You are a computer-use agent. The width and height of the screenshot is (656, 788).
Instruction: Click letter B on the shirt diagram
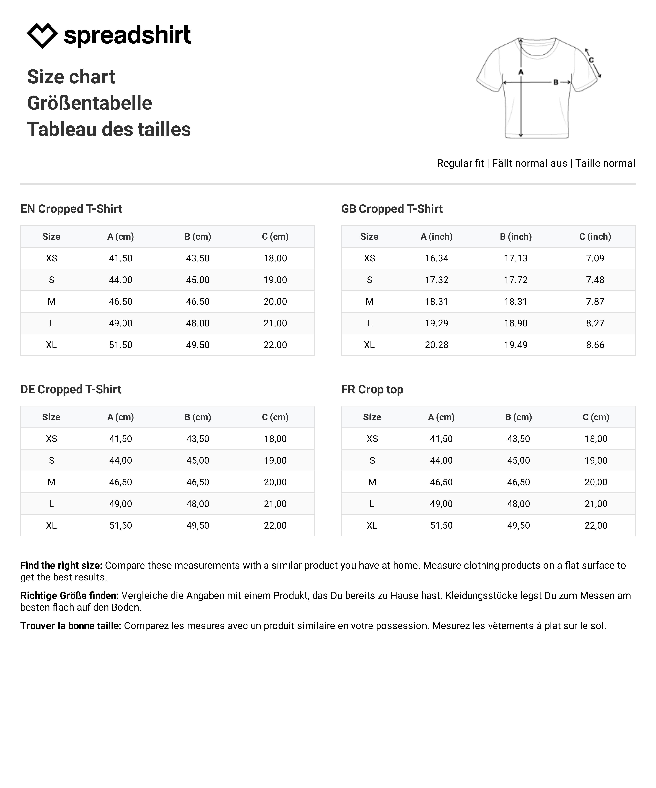(x=556, y=82)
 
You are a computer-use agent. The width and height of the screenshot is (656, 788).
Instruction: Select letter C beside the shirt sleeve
(x=591, y=60)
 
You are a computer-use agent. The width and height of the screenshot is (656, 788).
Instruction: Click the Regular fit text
(x=460, y=163)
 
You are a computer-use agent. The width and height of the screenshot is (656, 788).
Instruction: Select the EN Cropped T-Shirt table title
(x=71, y=209)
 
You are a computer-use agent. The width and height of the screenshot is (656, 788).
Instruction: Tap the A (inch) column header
(x=437, y=236)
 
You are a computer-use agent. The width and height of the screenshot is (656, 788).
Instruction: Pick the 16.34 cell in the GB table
(x=437, y=258)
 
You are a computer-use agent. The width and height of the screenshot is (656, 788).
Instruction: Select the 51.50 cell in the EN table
(x=121, y=345)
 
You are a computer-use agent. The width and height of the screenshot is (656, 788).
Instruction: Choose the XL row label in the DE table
(x=51, y=525)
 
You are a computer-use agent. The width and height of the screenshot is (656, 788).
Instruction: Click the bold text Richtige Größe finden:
(x=69, y=595)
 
